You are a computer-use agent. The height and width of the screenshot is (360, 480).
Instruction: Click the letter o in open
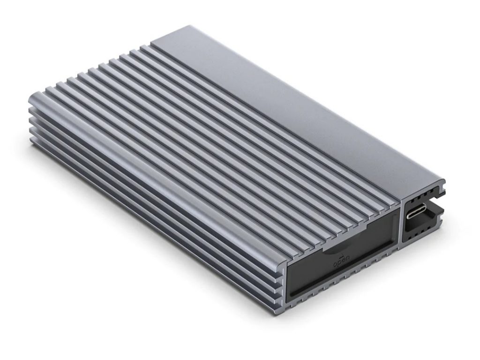point(335,266)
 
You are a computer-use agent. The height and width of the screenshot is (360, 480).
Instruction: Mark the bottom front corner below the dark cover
point(287,305)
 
